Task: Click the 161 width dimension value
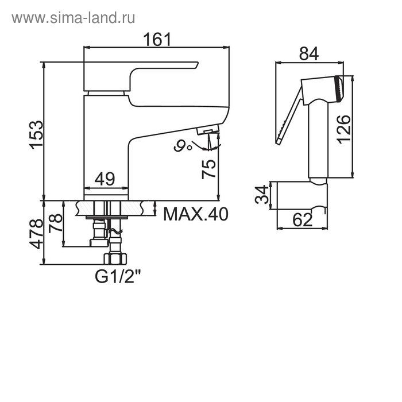(157, 39)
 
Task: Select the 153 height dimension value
(36, 135)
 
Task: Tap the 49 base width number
(105, 179)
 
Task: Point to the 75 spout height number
(208, 169)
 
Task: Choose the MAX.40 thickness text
(196, 214)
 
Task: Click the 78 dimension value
(55, 223)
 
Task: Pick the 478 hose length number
(36, 234)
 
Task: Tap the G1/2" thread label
(118, 276)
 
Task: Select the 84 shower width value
(309, 53)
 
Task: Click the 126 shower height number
(343, 129)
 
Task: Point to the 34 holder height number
(262, 194)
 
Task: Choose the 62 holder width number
(303, 220)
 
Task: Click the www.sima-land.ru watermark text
(74, 18)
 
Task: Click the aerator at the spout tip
(208, 129)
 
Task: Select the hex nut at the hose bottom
(115, 258)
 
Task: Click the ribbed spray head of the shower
(339, 88)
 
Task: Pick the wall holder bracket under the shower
(302, 195)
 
